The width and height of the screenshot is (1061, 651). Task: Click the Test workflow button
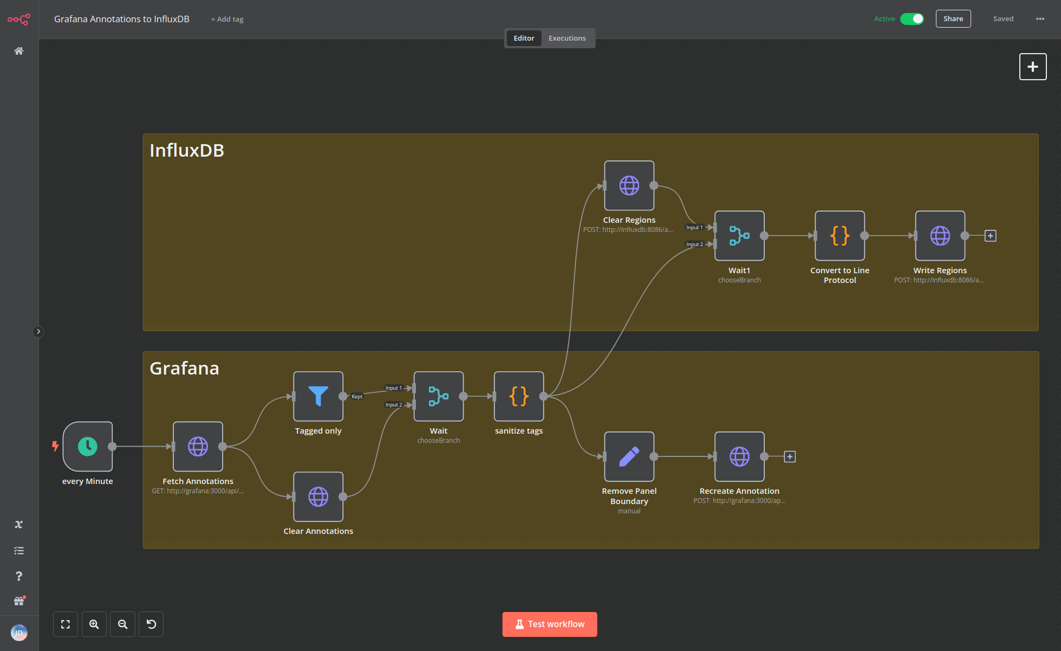click(x=549, y=624)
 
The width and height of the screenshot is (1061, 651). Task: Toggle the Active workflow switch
click(x=912, y=19)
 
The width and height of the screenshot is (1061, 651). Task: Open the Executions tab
click(x=567, y=38)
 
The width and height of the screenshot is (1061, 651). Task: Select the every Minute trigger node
click(x=88, y=446)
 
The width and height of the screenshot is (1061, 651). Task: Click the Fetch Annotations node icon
click(x=198, y=446)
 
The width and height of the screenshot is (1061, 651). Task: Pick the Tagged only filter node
click(x=318, y=396)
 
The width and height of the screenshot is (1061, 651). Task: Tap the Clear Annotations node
click(x=318, y=497)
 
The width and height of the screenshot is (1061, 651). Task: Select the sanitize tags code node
click(x=518, y=396)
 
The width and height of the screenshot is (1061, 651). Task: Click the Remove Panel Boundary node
click(x=629, y=456)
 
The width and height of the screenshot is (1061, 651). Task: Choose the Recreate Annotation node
click(x=739, y=456)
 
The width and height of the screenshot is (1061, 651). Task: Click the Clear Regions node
click(x=629, y=185)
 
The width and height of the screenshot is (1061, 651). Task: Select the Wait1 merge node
click(x=739, y=236)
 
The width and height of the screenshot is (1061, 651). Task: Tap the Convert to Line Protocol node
click(x=839, y=236)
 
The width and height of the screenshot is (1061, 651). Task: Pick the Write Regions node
click(x=940, y=236)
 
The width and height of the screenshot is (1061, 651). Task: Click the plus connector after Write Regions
click(x=990, y=236)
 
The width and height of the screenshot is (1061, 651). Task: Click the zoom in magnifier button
click(x=94, y=624)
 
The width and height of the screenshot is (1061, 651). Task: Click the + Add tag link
click(x=227, y=20)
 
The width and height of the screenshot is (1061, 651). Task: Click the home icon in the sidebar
click(x=19, y=51)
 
